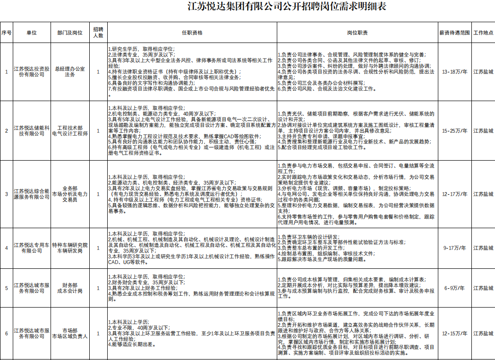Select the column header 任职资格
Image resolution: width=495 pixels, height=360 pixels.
pos(192,33)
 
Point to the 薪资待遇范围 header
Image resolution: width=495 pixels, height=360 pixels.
pos(454,33)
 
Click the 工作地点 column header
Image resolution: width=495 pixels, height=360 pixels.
pos(483,33)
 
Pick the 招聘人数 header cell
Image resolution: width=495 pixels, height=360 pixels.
pos(98,33)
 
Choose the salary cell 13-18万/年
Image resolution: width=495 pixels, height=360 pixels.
pos(454,72)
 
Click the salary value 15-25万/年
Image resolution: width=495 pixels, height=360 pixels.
pos(454,131)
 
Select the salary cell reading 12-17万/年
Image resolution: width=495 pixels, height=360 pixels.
pos(454,194)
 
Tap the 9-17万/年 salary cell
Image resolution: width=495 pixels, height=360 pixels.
pos(454,248)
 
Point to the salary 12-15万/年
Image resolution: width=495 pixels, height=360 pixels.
pos(454,334)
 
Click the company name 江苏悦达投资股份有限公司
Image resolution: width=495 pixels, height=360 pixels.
pos(31,72)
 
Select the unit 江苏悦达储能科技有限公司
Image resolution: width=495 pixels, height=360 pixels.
pos(31,131)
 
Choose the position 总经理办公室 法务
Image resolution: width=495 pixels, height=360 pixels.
pos(70,72)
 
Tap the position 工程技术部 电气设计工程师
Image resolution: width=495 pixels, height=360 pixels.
pos(70,131)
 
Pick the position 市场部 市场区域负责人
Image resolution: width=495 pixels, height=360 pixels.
pos(70,334)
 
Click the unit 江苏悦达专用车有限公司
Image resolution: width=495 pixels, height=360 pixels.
pos(31,248)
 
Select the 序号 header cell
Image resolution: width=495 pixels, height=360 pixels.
pos(6,33)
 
